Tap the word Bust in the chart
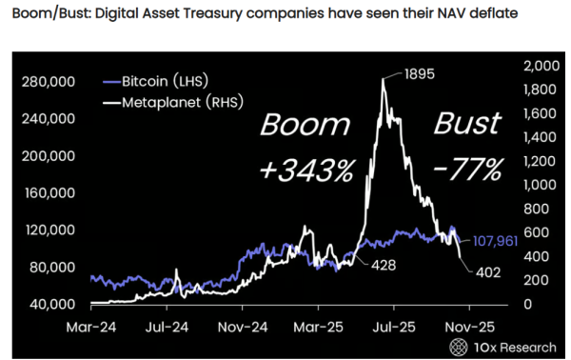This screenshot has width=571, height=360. (466, 124)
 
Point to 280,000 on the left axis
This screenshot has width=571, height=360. (48, 83)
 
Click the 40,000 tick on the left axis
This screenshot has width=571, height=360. (50, 304)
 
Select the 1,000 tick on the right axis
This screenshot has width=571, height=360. (540, 185)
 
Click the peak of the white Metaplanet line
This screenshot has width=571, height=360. (383, 79)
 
